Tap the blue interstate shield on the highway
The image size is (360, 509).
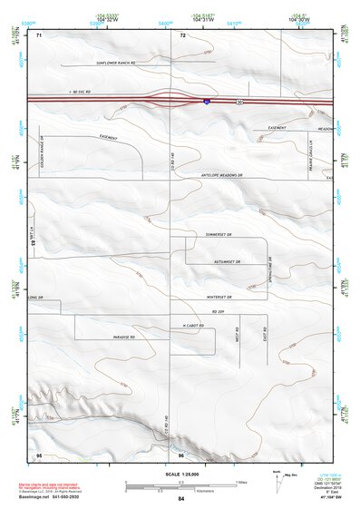pos(207,102)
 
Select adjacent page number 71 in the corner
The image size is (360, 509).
pos(39,35)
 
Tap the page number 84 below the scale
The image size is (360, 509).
pos(181,499)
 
